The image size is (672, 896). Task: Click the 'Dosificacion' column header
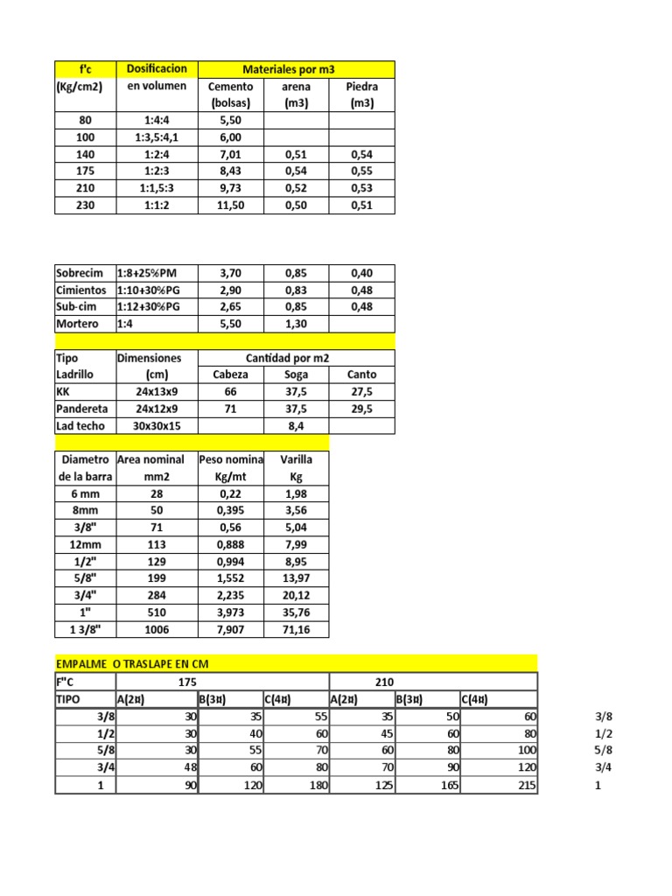pyautogui.click(x=157, y=69)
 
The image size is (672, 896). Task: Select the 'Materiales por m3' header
pyautogui.click(x=297, y=69)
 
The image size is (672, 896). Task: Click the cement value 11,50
pyautogui.click(x=231, y=206)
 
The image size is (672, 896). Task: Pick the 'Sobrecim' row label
pyautogui.click(x=80, y=273)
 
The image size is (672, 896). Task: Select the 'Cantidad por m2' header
pyautogui.click(x=297, y=358)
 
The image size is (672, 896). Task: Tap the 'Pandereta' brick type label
pyautogui.click(x=81, y=409)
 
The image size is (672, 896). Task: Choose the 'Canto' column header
pyautogui.click(x=361, y=374)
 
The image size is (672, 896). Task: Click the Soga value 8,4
pyautogui.click(x=296, y=426)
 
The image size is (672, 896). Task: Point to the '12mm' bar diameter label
pyautogui.click(x=85, y=545)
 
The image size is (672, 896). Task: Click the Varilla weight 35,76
pyautogui.click(x=296, y=612)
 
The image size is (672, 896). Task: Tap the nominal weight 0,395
pyautogui.click(x=230, y=511)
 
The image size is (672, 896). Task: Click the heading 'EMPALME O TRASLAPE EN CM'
pyautogui.click(x=133, y=664)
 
